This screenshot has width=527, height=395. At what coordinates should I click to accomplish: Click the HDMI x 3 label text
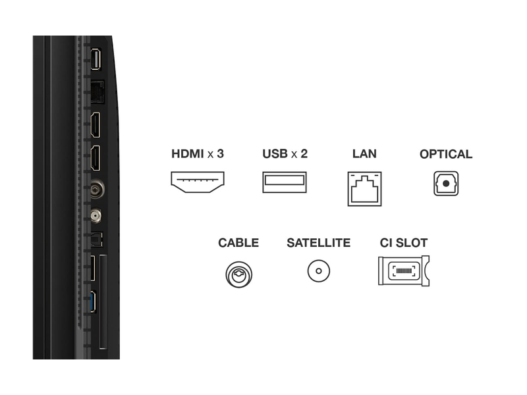pos(198,154)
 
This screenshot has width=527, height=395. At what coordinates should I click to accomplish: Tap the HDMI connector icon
pos(198,182)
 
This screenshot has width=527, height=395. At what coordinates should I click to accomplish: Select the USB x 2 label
pos(285,154)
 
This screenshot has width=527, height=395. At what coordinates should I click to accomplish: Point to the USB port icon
pos(285,182)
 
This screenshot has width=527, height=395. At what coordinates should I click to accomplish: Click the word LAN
pos(364,154)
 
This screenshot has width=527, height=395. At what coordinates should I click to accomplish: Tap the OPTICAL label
pos(446,154)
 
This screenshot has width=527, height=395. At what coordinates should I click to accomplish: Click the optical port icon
pos(445,183)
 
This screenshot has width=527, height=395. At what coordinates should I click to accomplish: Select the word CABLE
pos(238,243)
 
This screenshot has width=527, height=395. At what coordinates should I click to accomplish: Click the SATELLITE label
pos(318,243)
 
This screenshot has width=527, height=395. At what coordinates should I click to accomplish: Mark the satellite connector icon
pos(318,271)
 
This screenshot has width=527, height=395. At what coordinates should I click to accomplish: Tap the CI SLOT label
pos(404,243)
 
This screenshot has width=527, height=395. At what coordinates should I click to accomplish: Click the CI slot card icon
pos(404,271)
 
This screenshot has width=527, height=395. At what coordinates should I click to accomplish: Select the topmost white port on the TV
pos(96,59)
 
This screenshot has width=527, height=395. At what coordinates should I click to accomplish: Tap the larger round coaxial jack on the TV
pos(96,190)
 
